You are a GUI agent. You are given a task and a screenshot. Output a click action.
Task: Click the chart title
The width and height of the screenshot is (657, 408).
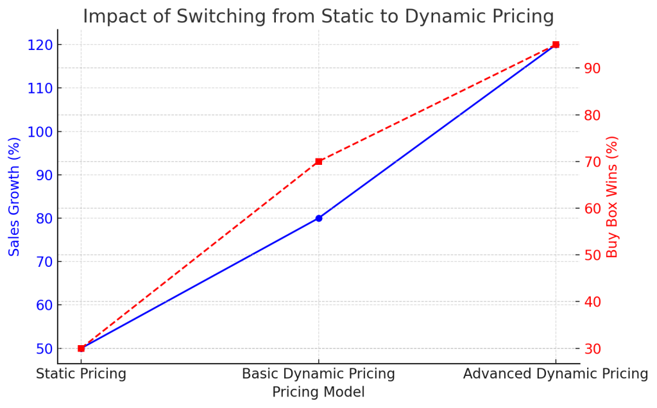tap(318, 15)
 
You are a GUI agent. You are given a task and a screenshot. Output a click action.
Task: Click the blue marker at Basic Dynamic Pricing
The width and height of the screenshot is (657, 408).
tap(319, 218)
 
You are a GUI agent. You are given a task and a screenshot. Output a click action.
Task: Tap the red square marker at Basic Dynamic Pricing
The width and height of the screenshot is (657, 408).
tap(319, 162)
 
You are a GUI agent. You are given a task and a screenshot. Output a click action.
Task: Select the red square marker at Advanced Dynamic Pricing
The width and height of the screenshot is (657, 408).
tap(556, 45)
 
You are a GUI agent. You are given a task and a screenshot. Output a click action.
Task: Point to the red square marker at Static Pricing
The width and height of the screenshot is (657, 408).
tap(81, 348)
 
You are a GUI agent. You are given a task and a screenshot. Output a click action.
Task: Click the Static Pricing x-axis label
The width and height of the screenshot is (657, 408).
tap(81, 373)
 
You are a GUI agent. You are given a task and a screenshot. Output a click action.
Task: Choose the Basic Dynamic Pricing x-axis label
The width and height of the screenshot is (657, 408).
tap(318, 373)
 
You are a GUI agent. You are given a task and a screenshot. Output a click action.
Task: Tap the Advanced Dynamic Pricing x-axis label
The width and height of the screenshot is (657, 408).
tap(556, 373)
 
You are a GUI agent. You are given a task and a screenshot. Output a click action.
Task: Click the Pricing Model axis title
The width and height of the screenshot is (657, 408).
tap(318, 392)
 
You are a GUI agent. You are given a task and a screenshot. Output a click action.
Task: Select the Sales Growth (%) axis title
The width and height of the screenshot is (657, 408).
tap(15, 196)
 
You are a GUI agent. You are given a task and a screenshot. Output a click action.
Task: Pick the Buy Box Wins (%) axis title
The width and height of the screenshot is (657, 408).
tap(613, 196)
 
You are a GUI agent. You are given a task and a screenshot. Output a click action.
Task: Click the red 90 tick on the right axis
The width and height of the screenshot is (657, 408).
tap(593, 69)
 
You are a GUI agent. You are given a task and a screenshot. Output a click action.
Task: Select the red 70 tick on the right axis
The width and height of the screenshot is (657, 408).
tap(593, 162)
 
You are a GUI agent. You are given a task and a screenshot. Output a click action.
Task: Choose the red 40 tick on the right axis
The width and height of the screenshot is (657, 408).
tap(593, 302)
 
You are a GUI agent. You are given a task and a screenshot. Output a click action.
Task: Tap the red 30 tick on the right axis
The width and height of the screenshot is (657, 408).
tap(593, 348)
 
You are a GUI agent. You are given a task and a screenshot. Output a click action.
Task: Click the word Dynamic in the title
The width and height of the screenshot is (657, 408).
tap(434, 15)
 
